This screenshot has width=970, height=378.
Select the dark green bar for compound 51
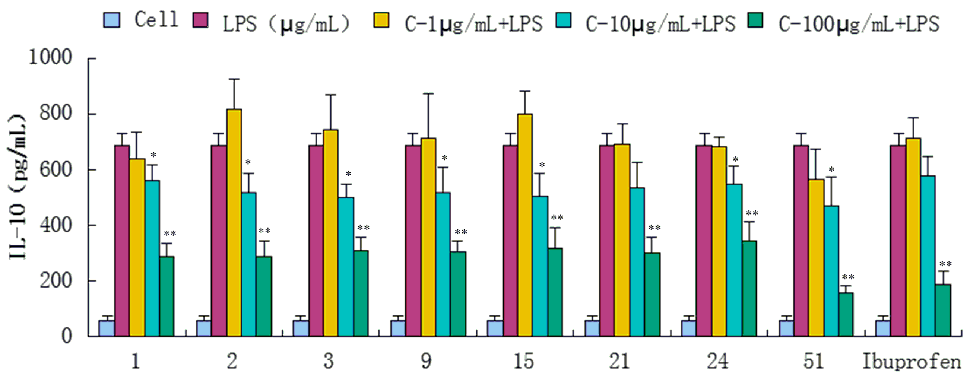[846, 314]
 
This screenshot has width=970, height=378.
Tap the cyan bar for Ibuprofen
[928, 256]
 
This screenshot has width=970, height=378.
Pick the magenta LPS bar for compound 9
[413, 241]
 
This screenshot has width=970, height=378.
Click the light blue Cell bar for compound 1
[107, 328]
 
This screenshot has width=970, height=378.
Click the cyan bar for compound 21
[637, 262]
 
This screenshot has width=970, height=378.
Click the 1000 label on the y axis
[50, 58]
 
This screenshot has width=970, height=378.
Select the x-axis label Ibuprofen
[912, 362]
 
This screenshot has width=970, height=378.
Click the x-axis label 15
[523, 362]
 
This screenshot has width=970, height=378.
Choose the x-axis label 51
[814, 362]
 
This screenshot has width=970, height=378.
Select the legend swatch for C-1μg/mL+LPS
[381, 20]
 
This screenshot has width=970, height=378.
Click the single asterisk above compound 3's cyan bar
[348, 174]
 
